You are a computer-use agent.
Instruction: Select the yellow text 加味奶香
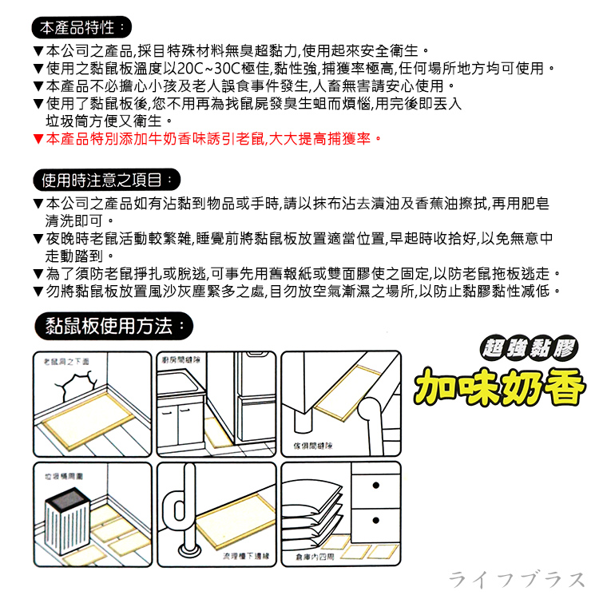(x=499, y=385)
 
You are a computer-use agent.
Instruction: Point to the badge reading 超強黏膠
(x=528, y=347)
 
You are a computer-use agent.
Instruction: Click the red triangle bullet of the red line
(x=38, y=139)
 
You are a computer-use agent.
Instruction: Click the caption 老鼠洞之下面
(x=66, y=361)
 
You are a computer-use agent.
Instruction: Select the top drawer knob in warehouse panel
(x=375, y=488)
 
